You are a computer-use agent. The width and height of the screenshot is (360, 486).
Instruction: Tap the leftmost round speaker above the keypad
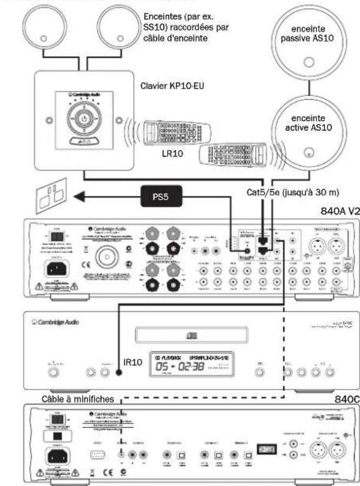point(46,30)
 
